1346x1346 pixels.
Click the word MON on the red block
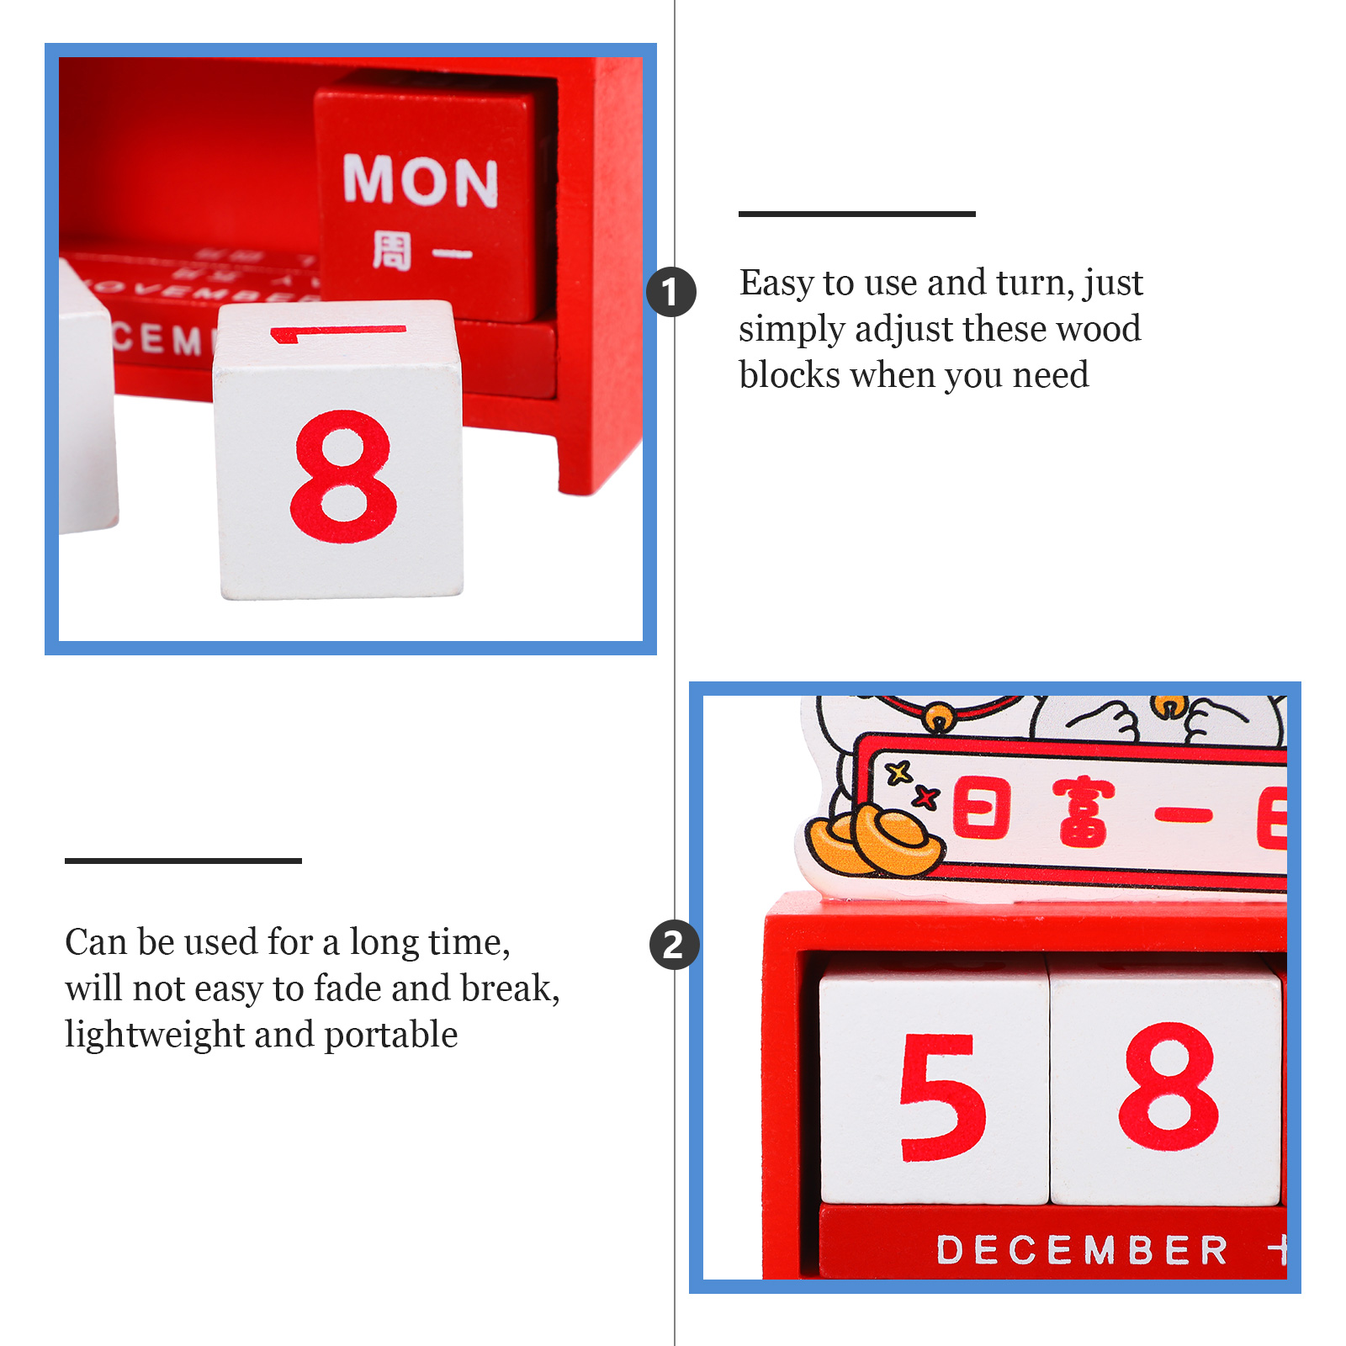pos(421,180)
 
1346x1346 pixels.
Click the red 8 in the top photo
pos(342,476)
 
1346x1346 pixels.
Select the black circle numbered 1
pos(671,292)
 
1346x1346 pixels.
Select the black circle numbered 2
pos(674,945)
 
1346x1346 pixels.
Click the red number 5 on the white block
pos(941,1098)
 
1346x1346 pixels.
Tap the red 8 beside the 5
pos(1168,1086)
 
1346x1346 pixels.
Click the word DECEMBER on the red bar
pos(1082,1250)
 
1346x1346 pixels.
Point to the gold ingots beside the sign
pos(875,841)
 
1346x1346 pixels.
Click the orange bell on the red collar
pos(939,718)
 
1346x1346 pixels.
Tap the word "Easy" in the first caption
pos(776,284)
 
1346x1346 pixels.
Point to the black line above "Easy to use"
pos(856,215)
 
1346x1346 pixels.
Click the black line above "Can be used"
pos(183,861)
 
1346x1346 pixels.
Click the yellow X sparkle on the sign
pos(899,771)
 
